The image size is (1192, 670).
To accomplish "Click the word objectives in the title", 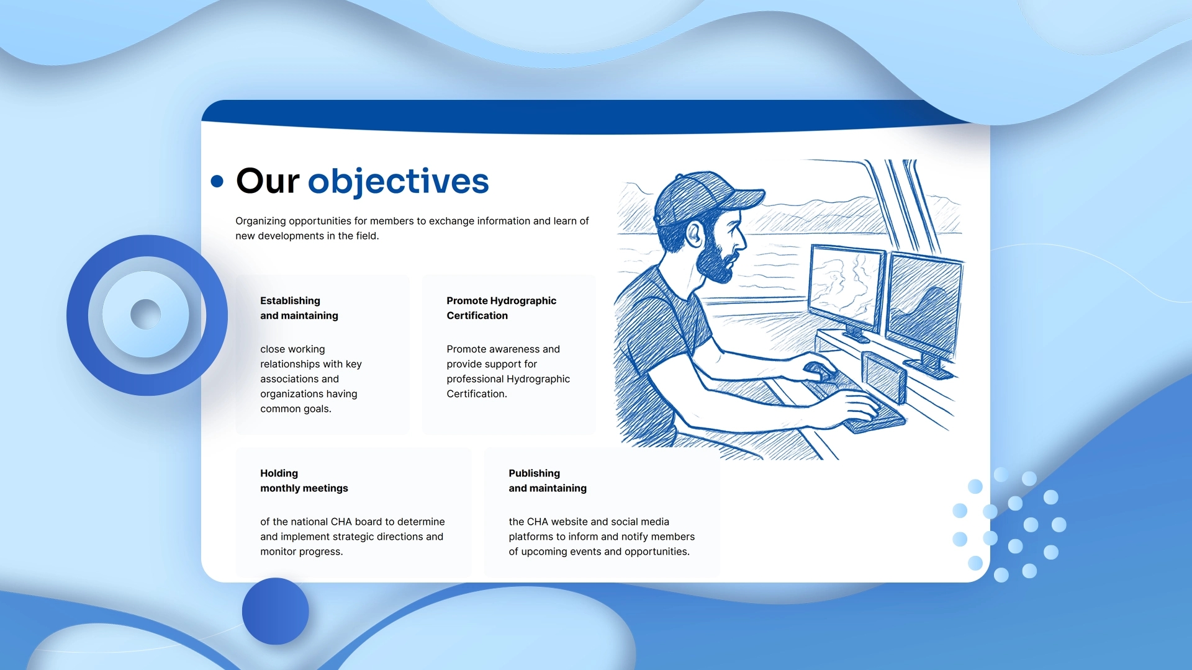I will click(398, 181).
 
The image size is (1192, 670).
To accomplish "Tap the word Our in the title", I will click(268, 181).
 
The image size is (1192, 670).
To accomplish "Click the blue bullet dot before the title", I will click(217, 181).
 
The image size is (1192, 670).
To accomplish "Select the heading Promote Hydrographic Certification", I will click(501, 308).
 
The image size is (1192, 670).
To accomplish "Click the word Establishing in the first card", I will click(290, 300).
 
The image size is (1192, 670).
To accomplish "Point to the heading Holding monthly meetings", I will click(304, 481).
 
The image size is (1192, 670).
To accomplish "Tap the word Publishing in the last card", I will click(534, 473).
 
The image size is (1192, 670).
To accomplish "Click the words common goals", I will click(296, 408).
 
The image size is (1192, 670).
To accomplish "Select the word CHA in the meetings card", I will click(341, 521).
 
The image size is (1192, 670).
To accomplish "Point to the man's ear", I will click(694, 234).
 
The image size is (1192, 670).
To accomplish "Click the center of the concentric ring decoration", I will click(147, 315).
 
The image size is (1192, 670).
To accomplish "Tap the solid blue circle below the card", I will click(275, 611).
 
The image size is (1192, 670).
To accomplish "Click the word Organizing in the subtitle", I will click(260, 221).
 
